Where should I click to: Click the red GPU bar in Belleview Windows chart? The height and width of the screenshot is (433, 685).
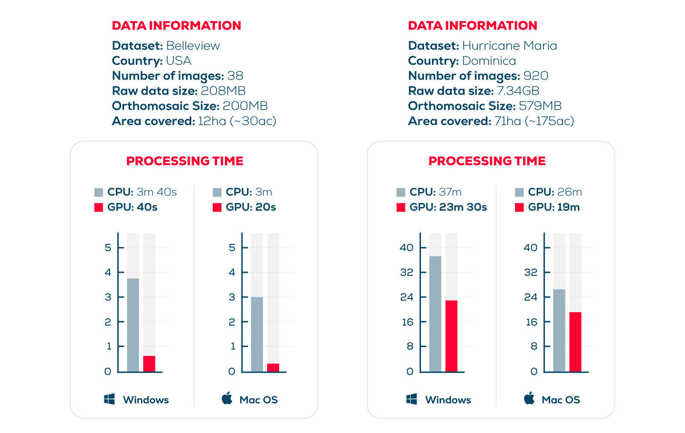(149, 364)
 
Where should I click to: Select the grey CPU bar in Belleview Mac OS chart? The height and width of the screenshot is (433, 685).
(257, 334)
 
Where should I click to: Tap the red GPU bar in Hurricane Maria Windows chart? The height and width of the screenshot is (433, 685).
(451, 336)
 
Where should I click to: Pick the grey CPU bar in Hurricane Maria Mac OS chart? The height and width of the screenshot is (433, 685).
(559, 330)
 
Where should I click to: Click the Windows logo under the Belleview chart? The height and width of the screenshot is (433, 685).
(109, 400)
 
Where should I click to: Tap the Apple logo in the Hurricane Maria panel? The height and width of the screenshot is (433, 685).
(529, 398)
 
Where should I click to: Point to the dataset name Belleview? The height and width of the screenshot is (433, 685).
(193, 46)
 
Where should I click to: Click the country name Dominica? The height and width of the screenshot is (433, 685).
(489, 61)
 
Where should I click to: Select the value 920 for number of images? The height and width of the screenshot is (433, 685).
(536, 76)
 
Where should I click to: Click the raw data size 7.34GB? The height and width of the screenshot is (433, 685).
(518, 91)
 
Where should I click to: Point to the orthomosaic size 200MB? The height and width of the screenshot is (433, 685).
(245, 106)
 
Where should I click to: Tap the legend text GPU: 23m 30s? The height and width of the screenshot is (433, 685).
(448, 207)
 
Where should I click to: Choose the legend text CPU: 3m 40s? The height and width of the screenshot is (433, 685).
(142, 192)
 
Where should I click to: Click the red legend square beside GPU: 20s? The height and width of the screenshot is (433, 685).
(217, 207)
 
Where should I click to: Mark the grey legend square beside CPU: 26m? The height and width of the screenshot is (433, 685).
(519, 192)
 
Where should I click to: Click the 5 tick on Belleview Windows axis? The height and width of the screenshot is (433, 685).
(108, 248)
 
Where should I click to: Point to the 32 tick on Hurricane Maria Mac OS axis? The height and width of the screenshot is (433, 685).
(531, 272)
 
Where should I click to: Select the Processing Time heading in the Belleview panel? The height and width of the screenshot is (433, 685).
(185, 161)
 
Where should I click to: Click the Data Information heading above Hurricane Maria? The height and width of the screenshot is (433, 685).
(472, 26)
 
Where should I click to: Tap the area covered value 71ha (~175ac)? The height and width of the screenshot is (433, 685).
(534, 121)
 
